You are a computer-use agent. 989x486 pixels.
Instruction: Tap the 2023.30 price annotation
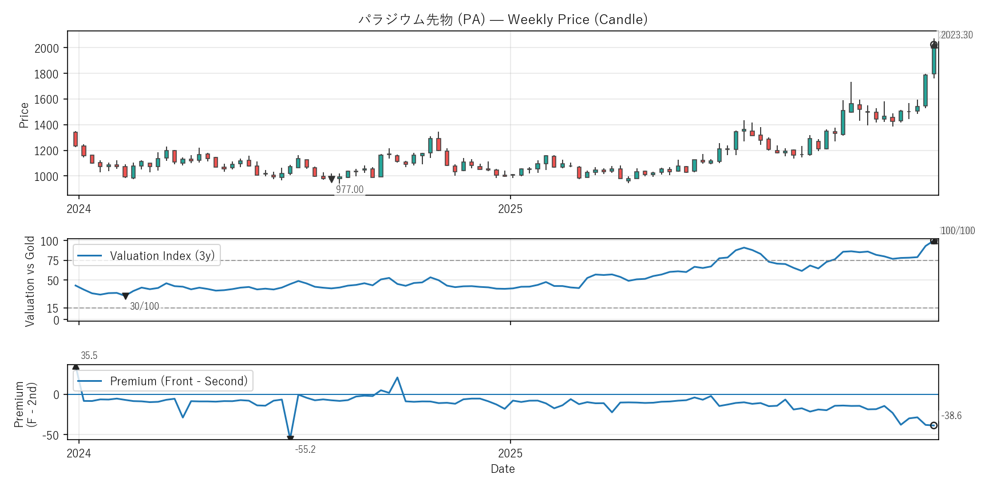pyautogui.click(x=956, y=35)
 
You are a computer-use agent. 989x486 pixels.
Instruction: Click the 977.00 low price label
pyautogui.click(x=349, y=189)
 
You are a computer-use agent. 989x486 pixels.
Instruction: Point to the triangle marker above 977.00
pyautogui.click(x=331, y=180)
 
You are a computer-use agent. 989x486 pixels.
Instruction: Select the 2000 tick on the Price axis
pyautogui.click(x=46, y=48)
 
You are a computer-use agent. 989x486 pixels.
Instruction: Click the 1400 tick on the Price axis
pyautogui.click(x=46, y=125)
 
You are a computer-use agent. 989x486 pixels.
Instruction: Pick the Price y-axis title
pyautogui.click(x=23, y=115)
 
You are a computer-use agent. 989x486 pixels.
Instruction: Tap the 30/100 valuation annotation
pyautogui.click(x=144, y=306)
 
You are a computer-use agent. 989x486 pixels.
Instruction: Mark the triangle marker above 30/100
pyautogui.click(x=126, y=297)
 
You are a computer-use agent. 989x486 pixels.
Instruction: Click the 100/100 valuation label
pyautogui.click(x=958, y=231)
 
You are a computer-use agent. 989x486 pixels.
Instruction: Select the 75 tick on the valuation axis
pyautogui.click(x=53, y=261)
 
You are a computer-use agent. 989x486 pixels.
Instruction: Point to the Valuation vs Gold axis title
pyautogui.click(x=30, y=281)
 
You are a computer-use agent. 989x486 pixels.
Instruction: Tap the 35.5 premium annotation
pyautogui.click(x=89, y=355)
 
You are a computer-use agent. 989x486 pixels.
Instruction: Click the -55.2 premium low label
pyautogui.click(x=305, y=449)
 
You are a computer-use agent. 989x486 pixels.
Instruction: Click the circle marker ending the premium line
pyautogui.click(x=933, y=425)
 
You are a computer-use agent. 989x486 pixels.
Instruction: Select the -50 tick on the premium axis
pyautogui.click(x=50, y=436)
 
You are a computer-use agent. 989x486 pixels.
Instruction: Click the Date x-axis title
pyautogui.click(x=503, y=469)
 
